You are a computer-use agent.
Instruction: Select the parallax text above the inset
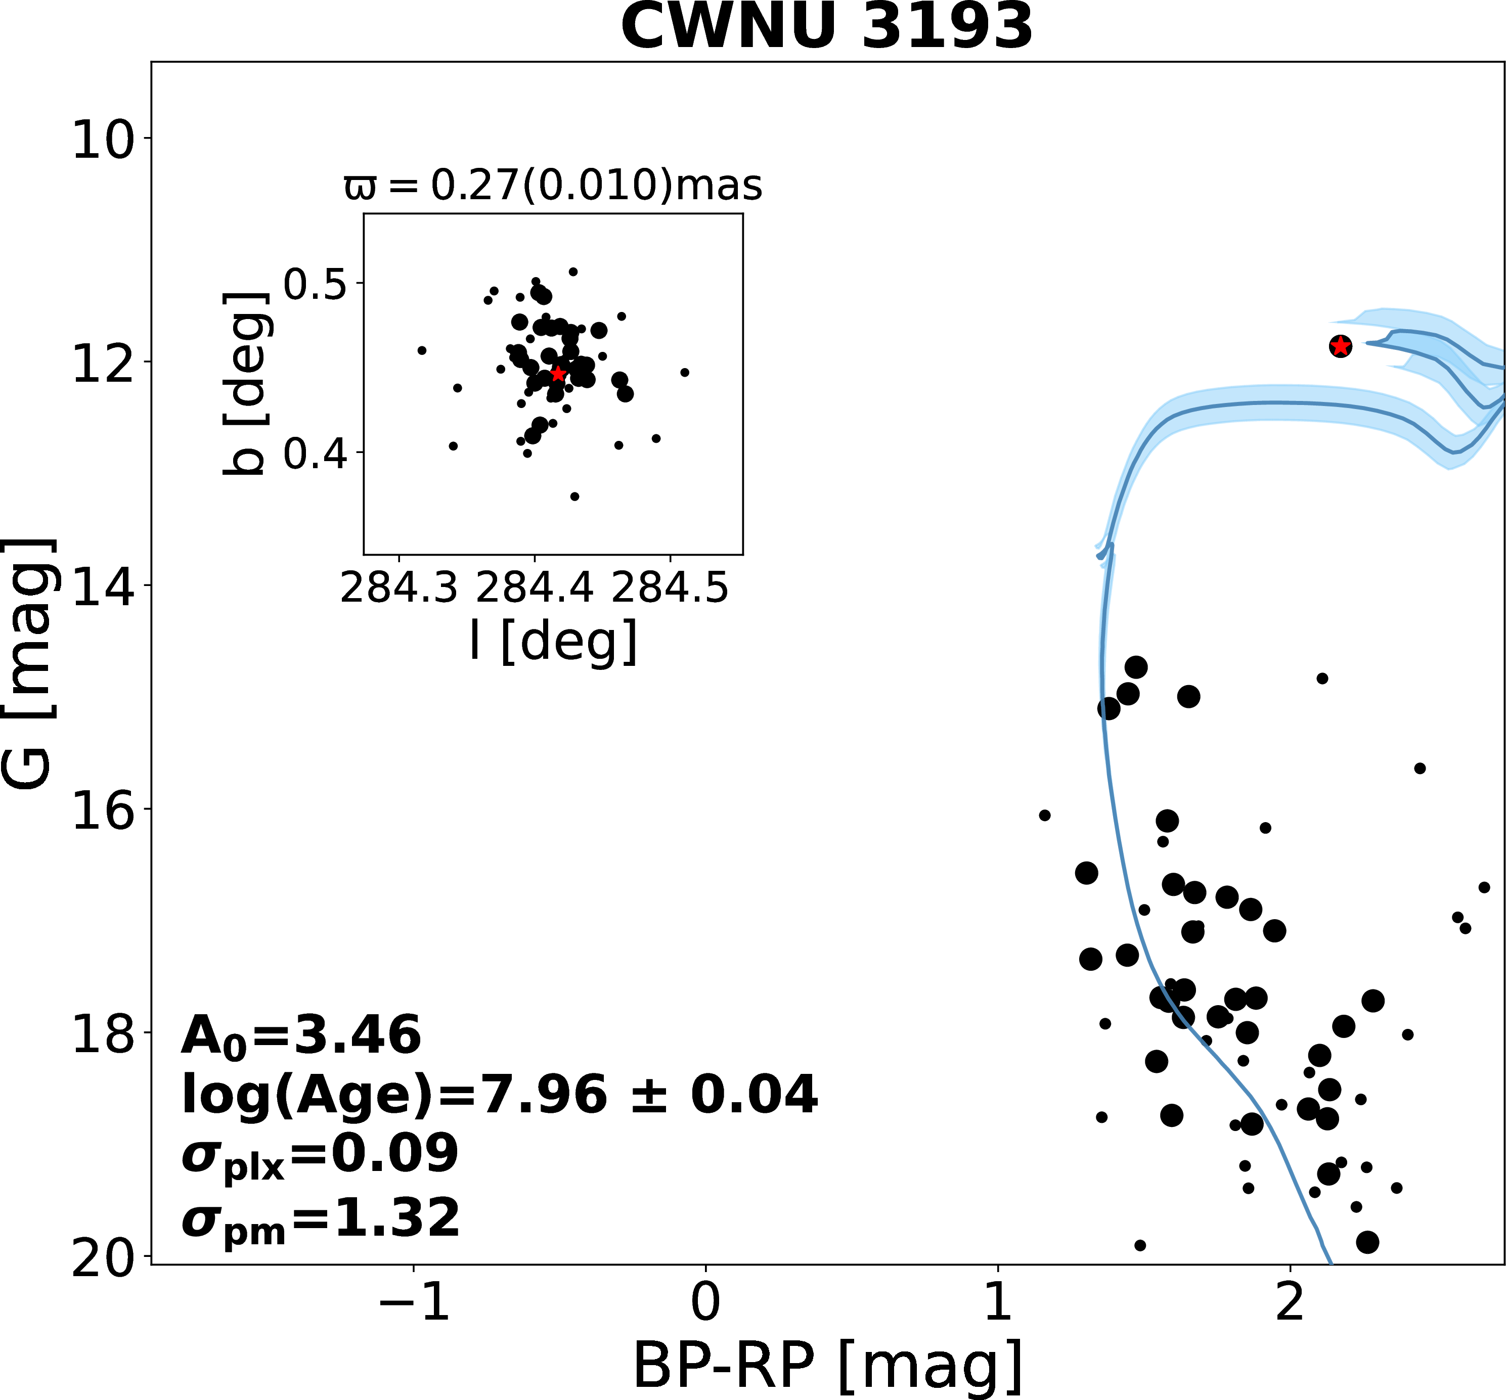(x=553, y=186)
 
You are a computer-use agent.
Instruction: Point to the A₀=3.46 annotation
(x=301, y=1037)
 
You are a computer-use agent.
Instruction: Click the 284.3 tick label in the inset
(x=399, y=589)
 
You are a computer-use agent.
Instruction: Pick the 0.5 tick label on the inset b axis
(x=315, y=285)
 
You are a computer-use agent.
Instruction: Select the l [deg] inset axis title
(x=553, y=641)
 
